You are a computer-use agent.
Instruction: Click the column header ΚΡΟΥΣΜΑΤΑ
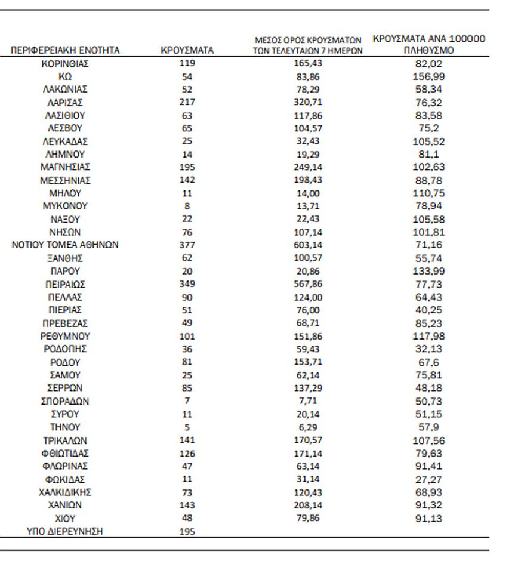187,51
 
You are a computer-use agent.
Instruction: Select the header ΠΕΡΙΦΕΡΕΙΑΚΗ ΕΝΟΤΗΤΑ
66,51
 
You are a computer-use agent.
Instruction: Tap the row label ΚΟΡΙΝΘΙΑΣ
65,63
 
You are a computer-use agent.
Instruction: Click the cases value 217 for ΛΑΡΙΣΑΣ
187,102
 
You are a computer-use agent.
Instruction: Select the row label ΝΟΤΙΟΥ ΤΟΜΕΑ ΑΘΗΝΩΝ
65,245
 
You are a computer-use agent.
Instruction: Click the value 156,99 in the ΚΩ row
428,76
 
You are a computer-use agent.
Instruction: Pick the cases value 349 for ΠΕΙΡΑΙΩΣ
187,284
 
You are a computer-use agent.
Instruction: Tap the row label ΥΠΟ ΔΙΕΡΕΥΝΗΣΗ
65,531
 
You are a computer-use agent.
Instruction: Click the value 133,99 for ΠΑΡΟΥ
428,271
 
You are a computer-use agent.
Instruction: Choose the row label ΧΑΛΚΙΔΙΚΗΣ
65,492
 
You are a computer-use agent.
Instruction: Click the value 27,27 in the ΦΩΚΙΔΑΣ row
428,479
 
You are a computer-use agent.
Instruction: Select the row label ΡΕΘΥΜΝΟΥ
65,336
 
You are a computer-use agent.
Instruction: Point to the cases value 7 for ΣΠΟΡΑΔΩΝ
187,401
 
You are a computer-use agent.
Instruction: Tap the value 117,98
428,336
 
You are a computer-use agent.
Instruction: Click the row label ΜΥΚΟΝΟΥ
65,206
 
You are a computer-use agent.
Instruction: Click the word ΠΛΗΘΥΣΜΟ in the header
428,51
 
